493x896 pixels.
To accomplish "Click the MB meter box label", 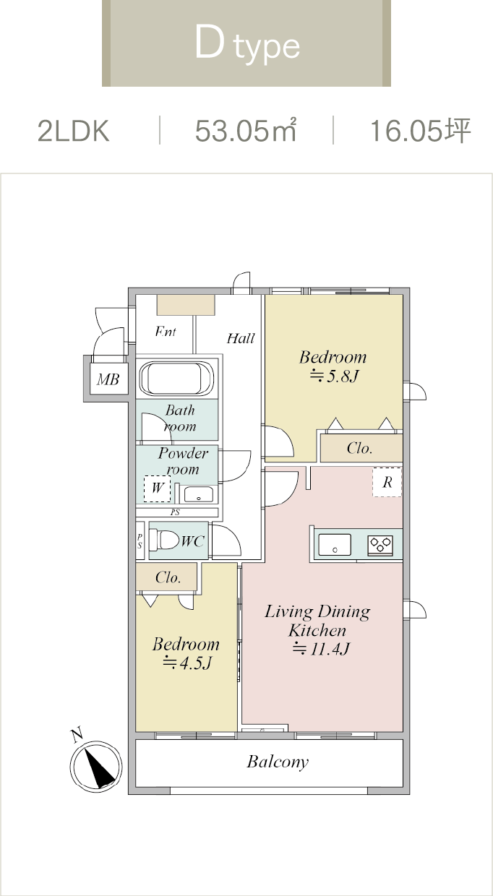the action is coord(108,379).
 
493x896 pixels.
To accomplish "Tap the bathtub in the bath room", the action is coord(176,379).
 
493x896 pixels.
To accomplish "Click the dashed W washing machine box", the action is coord(158,488).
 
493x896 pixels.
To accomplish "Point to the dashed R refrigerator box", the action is coord(387,482).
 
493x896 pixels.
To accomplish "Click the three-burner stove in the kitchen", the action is coord(380,544).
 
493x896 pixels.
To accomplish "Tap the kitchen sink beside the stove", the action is coord(335,544).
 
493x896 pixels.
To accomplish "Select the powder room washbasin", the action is coord(199,494).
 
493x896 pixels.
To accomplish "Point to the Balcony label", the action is coord(278,762).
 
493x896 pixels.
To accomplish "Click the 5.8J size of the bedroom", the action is coord(334,376).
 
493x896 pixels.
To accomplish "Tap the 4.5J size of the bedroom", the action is coord(187,663).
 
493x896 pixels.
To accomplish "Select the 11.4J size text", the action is coord(321,648).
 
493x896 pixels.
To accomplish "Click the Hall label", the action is coord(241,338).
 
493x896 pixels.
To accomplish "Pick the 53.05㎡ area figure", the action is coord(246,130).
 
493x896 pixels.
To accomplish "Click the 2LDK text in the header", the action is coord(73,131).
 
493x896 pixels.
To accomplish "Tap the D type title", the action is coord(247,45).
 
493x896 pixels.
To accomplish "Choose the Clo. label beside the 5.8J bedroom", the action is coord(360,448).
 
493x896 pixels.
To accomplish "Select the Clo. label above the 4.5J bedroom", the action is coord(168,577).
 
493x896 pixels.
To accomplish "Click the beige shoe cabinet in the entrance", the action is coord(186,305).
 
